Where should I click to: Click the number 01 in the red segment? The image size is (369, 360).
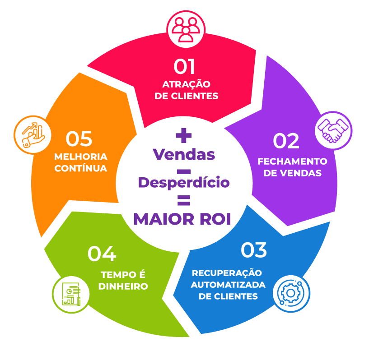click(184, 67)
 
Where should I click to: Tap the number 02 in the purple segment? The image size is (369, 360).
click(286, 141)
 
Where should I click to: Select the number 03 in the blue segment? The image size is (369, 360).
click(254, 250)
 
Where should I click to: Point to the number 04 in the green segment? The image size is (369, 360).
click(102, 254)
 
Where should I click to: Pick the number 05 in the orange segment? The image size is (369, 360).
click(79, 139)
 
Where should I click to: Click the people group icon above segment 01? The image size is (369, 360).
click(186, 28)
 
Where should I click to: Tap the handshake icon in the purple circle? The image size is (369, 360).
click(333, 130)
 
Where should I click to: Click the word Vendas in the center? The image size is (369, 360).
click(184, 155)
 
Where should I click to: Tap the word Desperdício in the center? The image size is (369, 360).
click(184, 183)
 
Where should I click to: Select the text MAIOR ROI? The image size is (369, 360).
click(182, 219)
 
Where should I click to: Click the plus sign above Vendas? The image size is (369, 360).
click(184, 135)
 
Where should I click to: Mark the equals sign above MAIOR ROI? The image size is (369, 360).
click(183, 200)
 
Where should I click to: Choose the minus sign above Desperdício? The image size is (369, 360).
click(183, 171)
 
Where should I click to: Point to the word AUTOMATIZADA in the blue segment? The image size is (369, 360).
click(228, 285)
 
